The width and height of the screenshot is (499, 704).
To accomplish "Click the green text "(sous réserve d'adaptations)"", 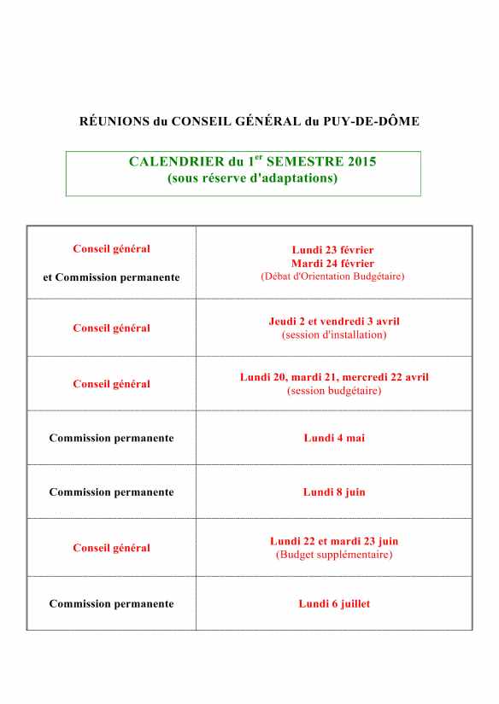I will click(x=252, y=178).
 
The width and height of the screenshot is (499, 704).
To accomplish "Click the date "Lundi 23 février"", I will click(x=332, y=250).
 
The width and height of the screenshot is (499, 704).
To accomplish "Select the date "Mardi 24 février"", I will click(x=332, y=264).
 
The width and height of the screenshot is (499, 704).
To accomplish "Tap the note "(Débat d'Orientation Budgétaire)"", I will click(x=332, y=276).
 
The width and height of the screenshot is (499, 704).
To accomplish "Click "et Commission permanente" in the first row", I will click(x=112, y=277).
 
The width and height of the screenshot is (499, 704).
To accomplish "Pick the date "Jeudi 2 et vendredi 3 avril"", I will click(x=334, y=322).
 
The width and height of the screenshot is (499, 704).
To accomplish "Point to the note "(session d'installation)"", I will click(x=334, y=335).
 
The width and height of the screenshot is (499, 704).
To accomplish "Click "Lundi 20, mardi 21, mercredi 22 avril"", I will click(x=334, y=377).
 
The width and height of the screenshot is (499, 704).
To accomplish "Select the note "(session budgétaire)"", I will click(x=334, y=390).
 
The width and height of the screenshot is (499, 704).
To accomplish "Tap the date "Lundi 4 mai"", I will click(x=334, y=438).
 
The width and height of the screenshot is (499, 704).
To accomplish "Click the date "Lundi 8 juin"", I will click(x=334, y=492).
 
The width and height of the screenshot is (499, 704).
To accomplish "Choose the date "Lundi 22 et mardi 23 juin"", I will click(x=334, y=541).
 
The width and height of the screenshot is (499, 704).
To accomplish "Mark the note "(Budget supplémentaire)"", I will click(x=334, y=554).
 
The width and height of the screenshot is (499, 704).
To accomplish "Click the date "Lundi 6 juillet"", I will click(x=334, y=603).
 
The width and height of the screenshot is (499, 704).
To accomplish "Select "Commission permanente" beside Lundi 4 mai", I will click(x=112, y=438).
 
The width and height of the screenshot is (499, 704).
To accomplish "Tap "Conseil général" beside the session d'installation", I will click(x=112, y=328).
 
